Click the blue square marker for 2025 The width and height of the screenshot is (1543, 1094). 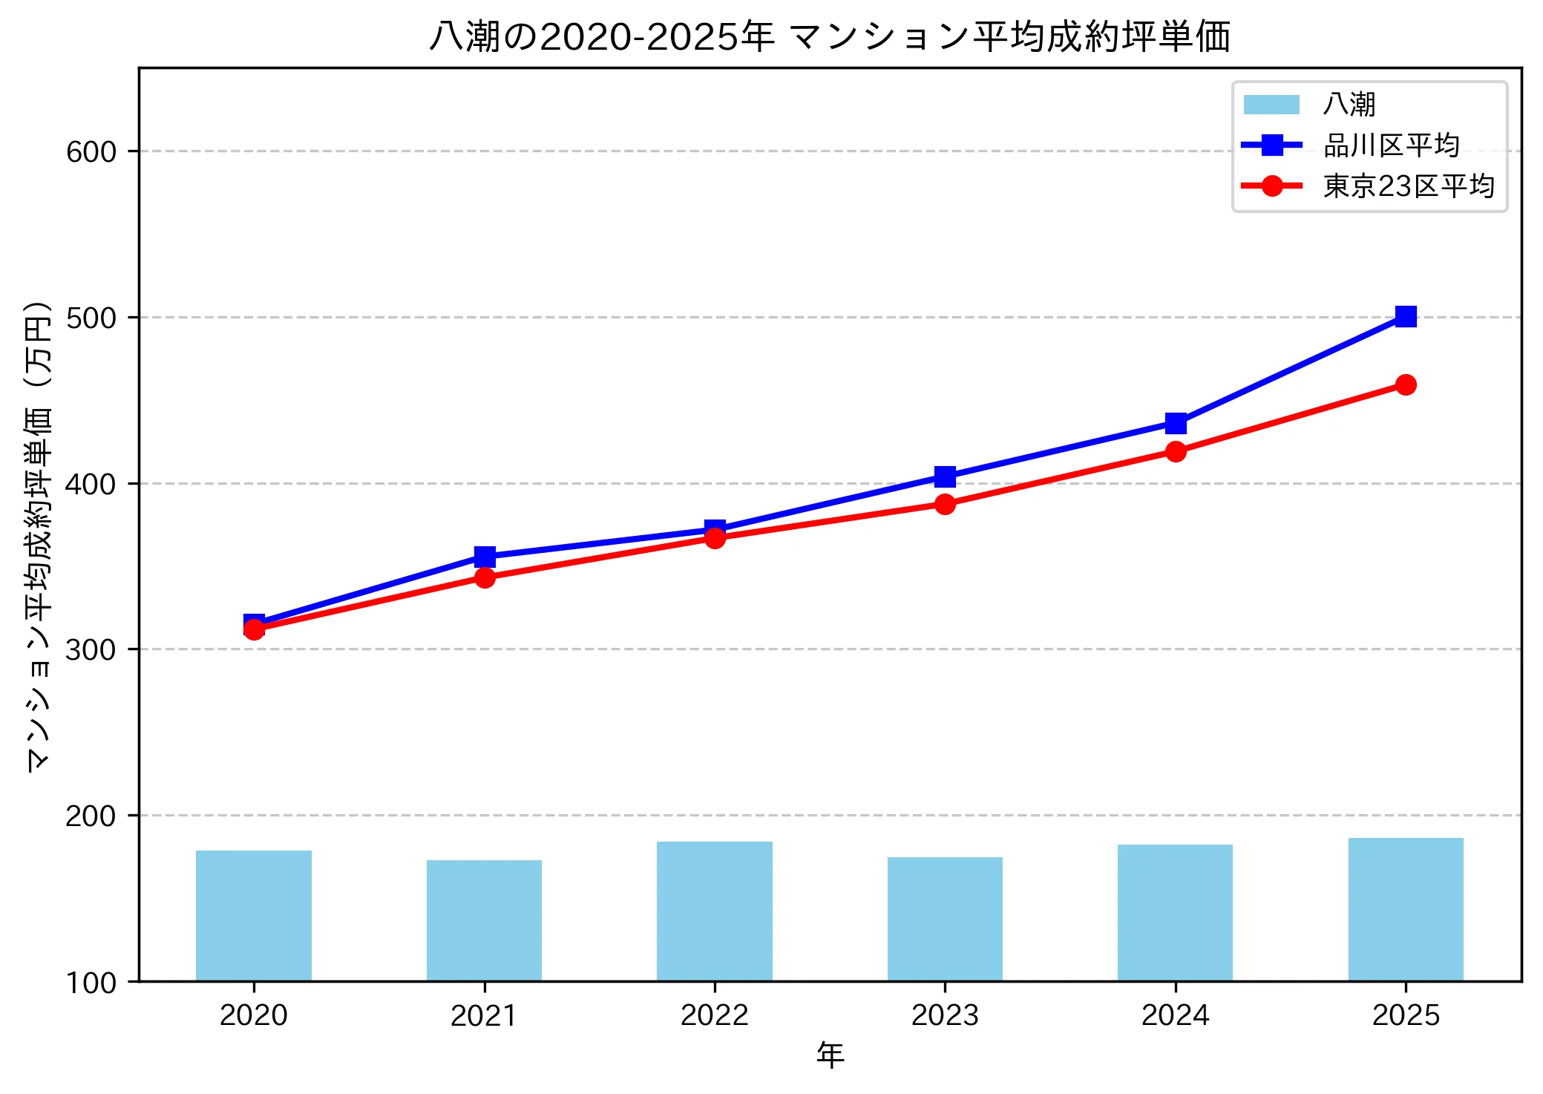[1405, 317]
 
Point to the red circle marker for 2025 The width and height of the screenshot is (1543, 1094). [1405, 384]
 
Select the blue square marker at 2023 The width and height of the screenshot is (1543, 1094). [945, 476]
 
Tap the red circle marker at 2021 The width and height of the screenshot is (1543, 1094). [485, 577]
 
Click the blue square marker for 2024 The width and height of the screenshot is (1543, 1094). [1175, 424]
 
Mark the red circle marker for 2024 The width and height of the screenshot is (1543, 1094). [1175, 451]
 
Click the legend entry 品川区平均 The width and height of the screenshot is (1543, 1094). [1391, 145]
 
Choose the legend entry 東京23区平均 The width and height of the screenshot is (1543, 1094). [1408, 186]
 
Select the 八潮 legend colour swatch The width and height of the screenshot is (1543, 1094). [1271, 105]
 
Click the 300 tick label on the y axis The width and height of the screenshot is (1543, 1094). [91, 649]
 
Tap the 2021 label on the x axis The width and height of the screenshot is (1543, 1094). [484, 1015]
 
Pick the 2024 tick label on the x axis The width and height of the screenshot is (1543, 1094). [1175, 1015]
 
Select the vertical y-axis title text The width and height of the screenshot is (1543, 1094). [39, 537]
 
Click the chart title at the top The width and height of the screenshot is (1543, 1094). [830, 36]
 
